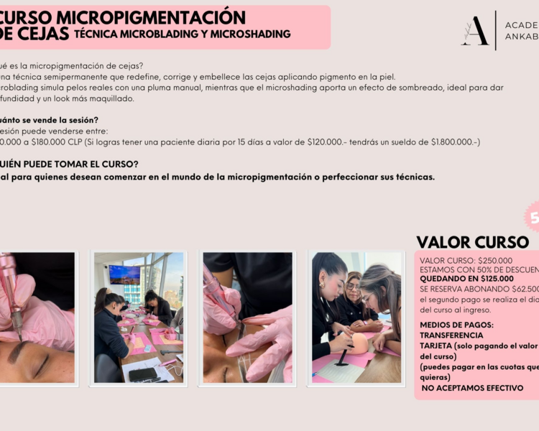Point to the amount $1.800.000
(x=453, y=142)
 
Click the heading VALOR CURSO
(x=472, y=242)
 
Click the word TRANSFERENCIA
(x=451, y=335)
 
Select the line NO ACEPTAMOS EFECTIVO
(x=471, y=388)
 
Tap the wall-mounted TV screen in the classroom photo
(x=124, y=274)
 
